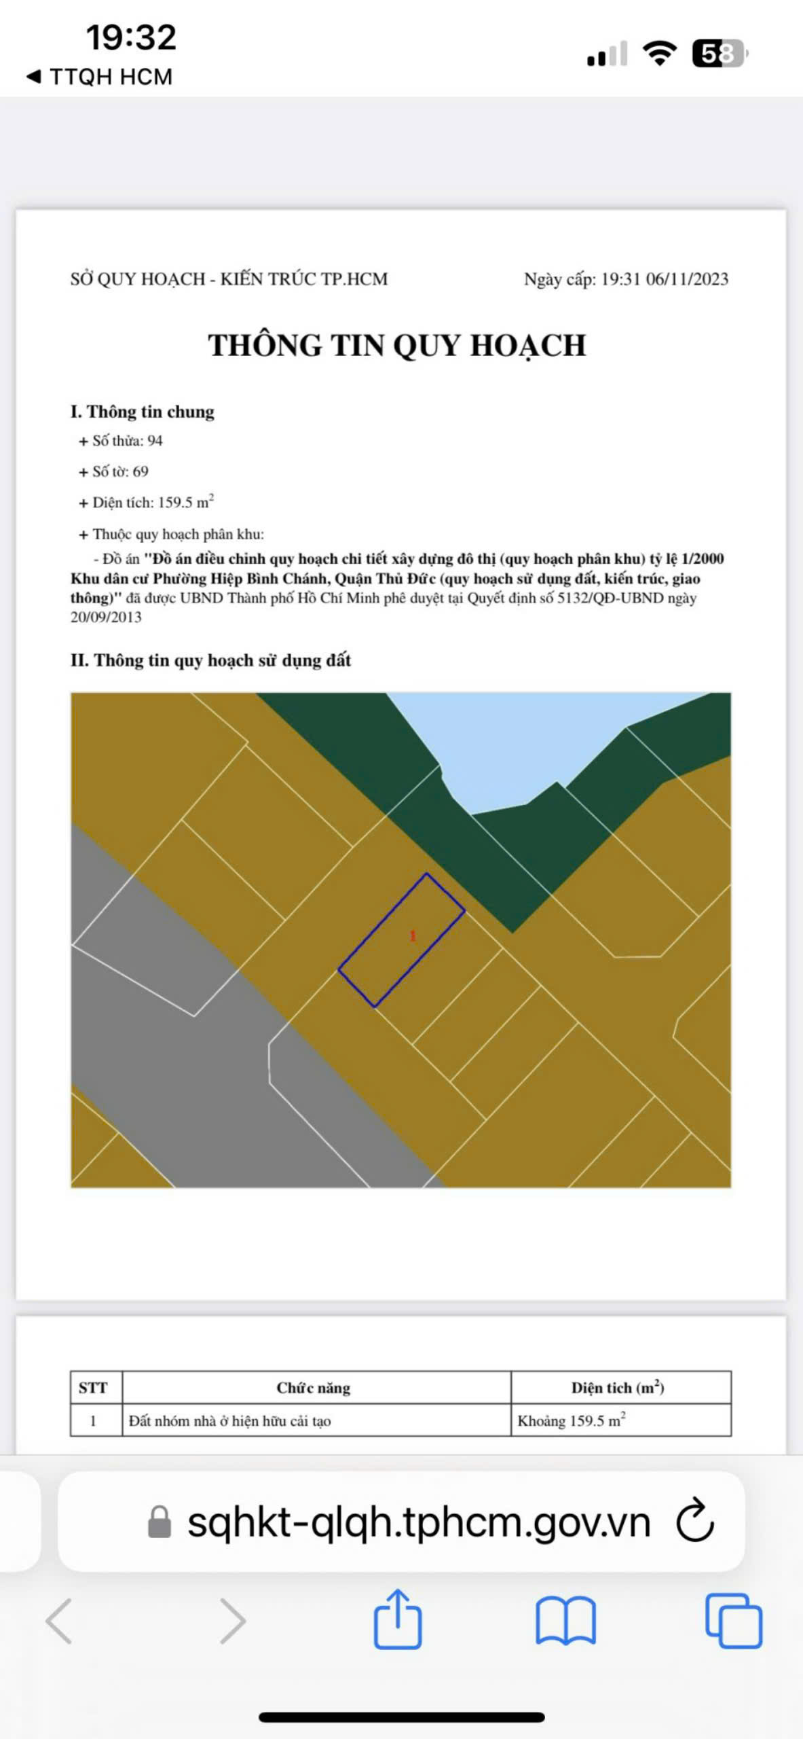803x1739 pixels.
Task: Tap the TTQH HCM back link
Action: pyautogui.click(x=99, y=77)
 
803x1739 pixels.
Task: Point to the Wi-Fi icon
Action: pyautogui.click(x=660, y=53)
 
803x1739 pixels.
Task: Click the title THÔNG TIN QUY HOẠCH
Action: pyautogui.click(x=397, y=345)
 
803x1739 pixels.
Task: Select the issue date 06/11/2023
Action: pyautogui.click(x=687, y=279)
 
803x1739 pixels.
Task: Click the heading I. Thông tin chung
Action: pyautogui.click(x=143, y=412)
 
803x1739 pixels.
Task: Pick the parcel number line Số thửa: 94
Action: pyautogui.click(x=122, y=441)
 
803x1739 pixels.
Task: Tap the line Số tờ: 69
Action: pyautogui.click(x=114, y=471)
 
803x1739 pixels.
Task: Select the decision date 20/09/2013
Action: pyautogui.click(x=106, y=617)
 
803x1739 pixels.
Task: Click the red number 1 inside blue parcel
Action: pyautogui.click(x=413, y=936)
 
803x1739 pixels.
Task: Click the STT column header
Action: pyautogui.click(x=93, y=1388)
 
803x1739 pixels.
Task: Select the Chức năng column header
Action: pyautogui.click(x=314, y=1388)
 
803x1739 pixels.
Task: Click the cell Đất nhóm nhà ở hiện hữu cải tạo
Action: pyautogui.click(x=230, y=1421)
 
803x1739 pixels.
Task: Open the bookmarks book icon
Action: pyautogui.click(x=566, y=1621)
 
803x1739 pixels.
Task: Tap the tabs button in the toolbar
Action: pyautogui.click(x=734, y=1621)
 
